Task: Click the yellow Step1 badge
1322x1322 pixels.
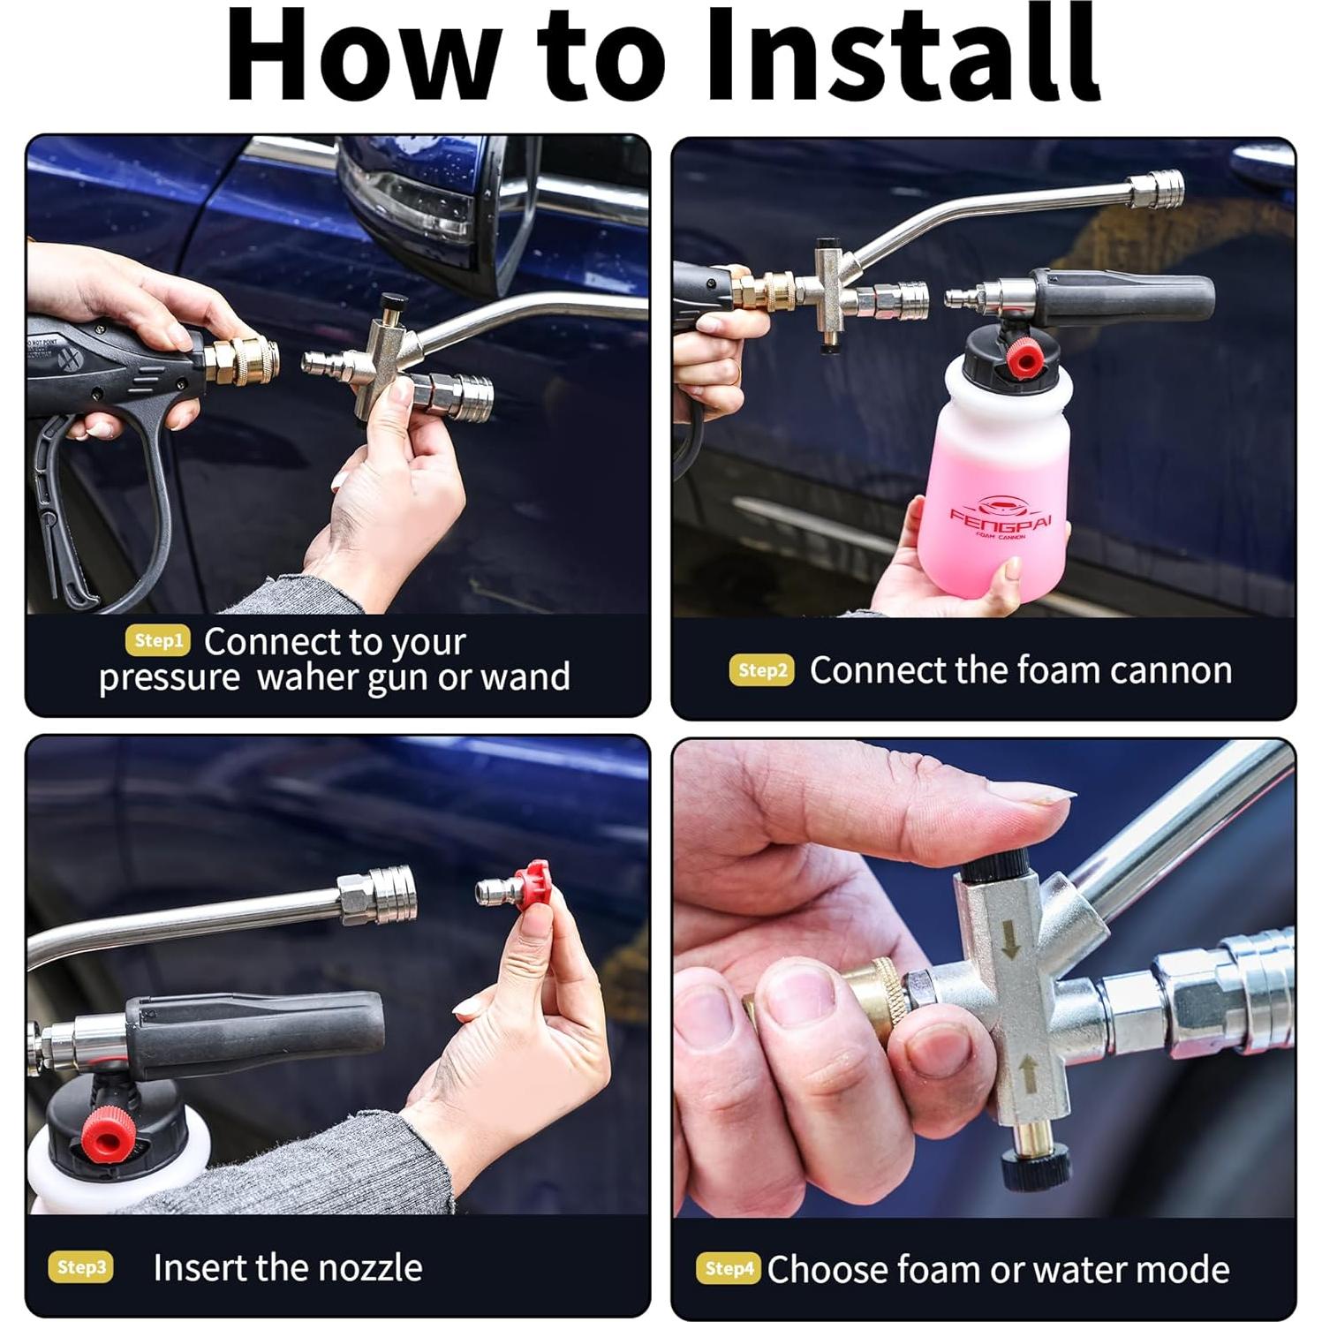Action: [158, 641]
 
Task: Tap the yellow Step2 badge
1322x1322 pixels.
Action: [762, 670]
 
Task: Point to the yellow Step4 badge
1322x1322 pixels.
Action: [728, 1269]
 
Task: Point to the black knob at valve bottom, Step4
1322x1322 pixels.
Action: [1036, 1173]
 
